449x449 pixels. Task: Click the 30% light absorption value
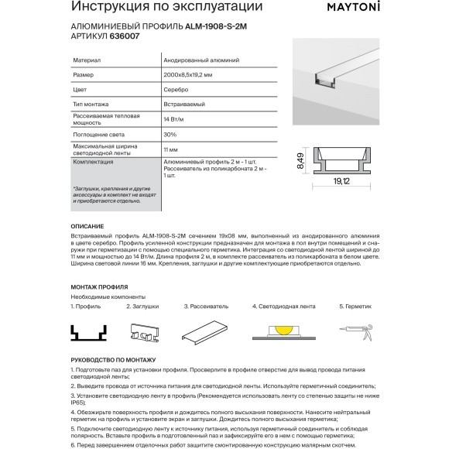point(171,135)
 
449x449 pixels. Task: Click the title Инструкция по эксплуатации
point(160,9)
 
